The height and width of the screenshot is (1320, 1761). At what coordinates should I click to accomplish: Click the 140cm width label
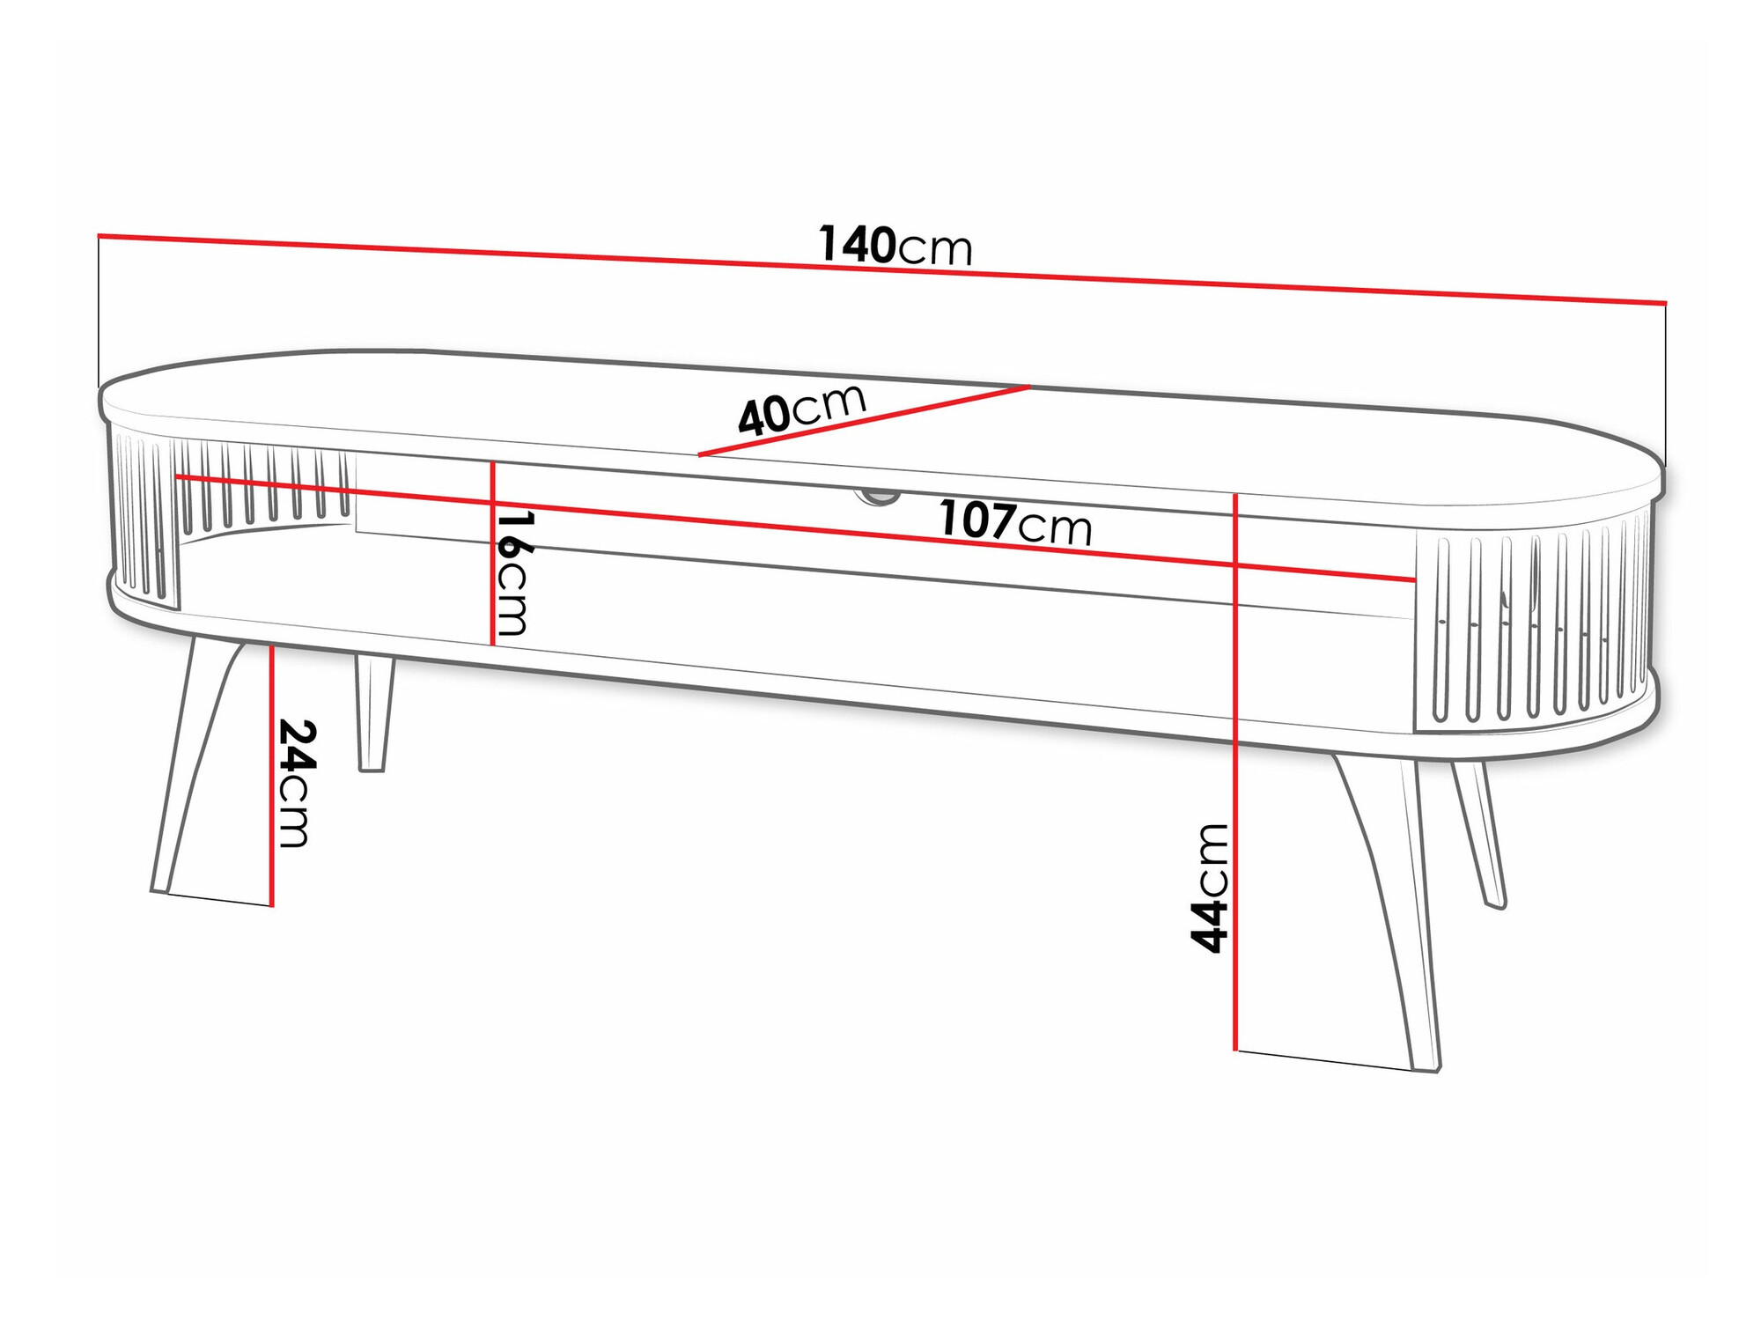(x=895, y=246)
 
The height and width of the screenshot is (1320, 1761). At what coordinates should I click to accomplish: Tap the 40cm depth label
(x=801, y=409)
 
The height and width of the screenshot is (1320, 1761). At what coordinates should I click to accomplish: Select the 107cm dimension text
(x=1014, y=523)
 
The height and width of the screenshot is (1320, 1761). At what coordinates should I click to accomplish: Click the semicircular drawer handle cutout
(x=877, y=498)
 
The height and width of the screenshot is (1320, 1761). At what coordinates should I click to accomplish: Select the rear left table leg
(x=373, y=713)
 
